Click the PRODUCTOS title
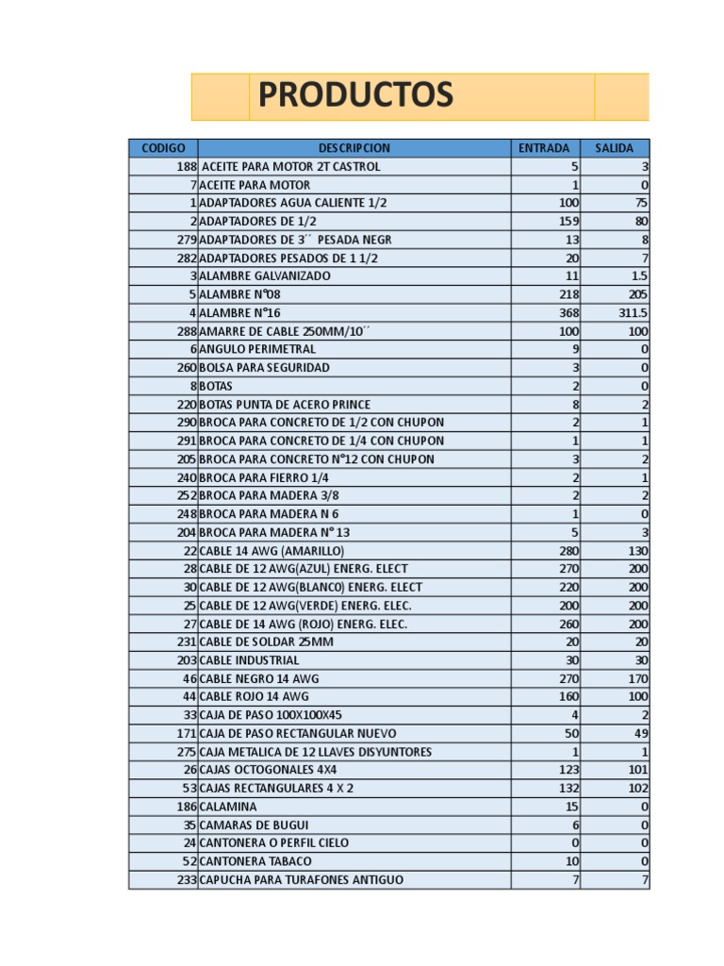(x=355, y=95)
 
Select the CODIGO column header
(x=163, y=148)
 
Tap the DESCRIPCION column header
(x=354, y=148)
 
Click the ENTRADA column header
(x=545, y=148)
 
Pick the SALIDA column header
(x=614, y=148)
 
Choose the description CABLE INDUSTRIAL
(x=249, y=660)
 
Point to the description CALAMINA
(x=228, y=808)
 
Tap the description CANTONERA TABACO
(x=255, y=862)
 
